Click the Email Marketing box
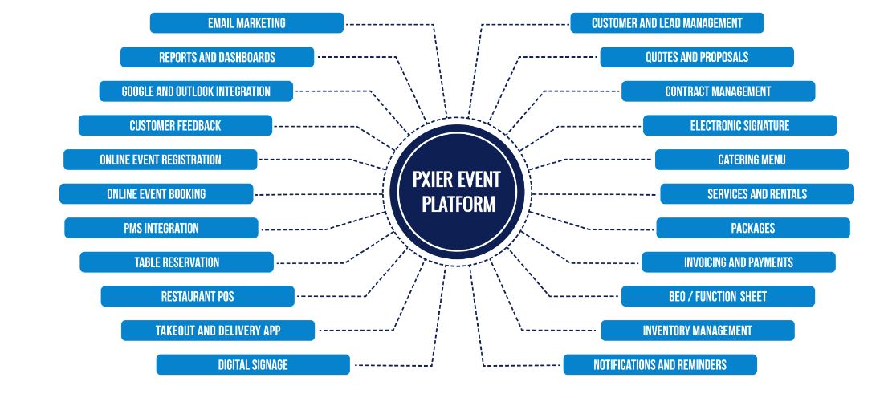(x=246, y=23)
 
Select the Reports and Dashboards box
(x=217, y=57)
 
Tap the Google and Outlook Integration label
(x=196, y=91)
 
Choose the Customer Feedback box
(x=175, y=126)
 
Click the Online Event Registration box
(x=161, y=160)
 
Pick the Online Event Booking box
(x=157, y=193)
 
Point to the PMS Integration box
(x=161, y=228)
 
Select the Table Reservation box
(x=177, y=262)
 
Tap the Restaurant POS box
(x=198, y=296)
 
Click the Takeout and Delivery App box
(x=218, y=330)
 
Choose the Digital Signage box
(x=253, y=364)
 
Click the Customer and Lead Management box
(x=666, y=23)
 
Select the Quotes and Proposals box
(x=697, y=57)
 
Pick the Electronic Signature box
(x=739, y=126)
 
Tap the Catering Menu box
(x=752, y=160)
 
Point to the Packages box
(x=753, y=228)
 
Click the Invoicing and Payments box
(x=739, y=262)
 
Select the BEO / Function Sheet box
(x=718, y=296)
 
